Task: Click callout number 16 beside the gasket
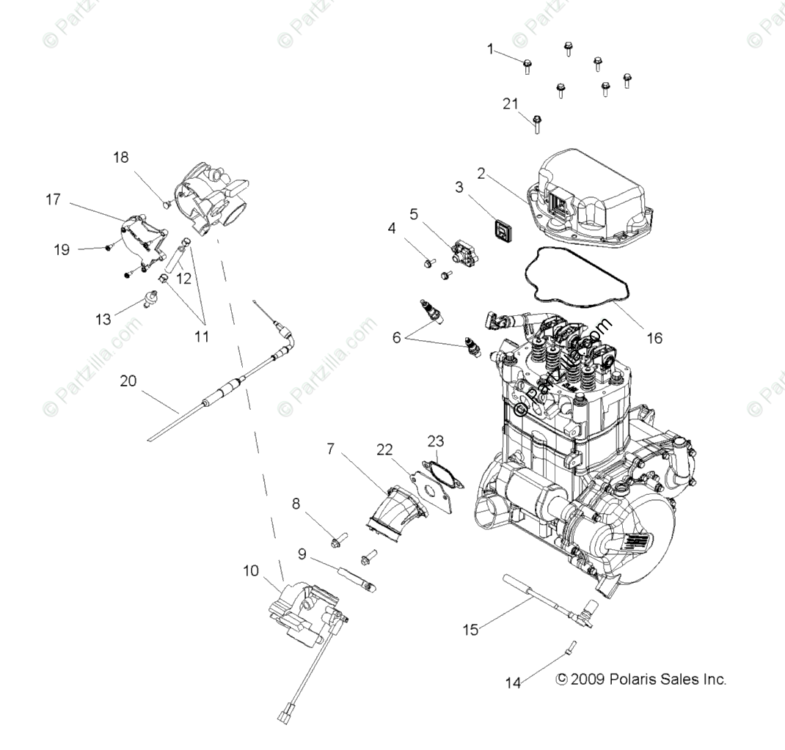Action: point(654,338)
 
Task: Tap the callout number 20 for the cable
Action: point(128,381)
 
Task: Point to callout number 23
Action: point(436,441)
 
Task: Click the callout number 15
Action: point(471,628)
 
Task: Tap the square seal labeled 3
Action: point(501,232)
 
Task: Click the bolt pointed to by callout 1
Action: point(527,67)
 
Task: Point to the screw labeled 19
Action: point(109,247)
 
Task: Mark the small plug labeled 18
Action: point(167,203)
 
